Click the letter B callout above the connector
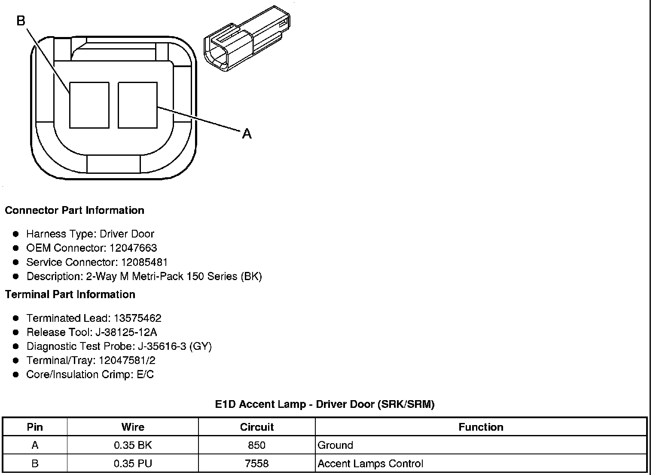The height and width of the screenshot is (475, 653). (21, 20)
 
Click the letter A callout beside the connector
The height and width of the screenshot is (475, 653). (247, 134)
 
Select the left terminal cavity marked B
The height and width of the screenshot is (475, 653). (89, 105)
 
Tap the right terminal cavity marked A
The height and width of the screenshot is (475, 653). (137, 105)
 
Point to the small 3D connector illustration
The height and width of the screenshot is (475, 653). (247, 38)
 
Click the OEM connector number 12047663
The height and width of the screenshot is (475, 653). (133, 248)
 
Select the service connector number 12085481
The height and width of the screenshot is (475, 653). (144, 262)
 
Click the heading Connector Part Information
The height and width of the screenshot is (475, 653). (75, 210)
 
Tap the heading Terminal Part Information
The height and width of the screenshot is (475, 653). (70, 294)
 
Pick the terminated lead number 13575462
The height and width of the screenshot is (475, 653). (137, 318)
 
